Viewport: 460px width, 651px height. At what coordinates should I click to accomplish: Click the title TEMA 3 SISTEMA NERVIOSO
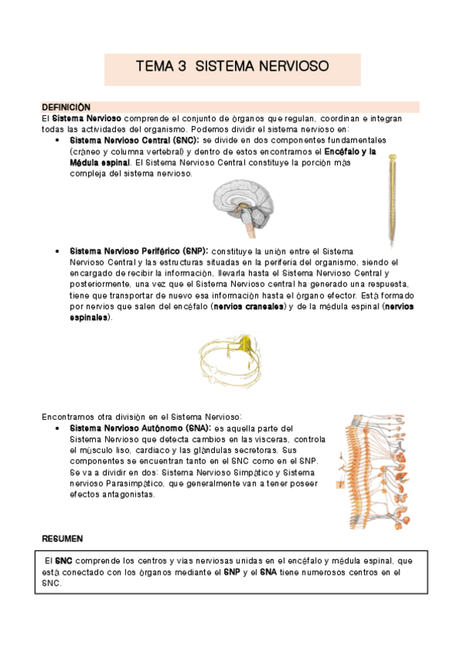point(231,67)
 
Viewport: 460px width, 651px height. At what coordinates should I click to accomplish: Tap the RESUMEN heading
point(62,538)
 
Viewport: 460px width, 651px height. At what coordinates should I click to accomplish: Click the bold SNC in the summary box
point(64,562)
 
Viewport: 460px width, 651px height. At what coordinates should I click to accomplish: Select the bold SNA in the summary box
point(269,573)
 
